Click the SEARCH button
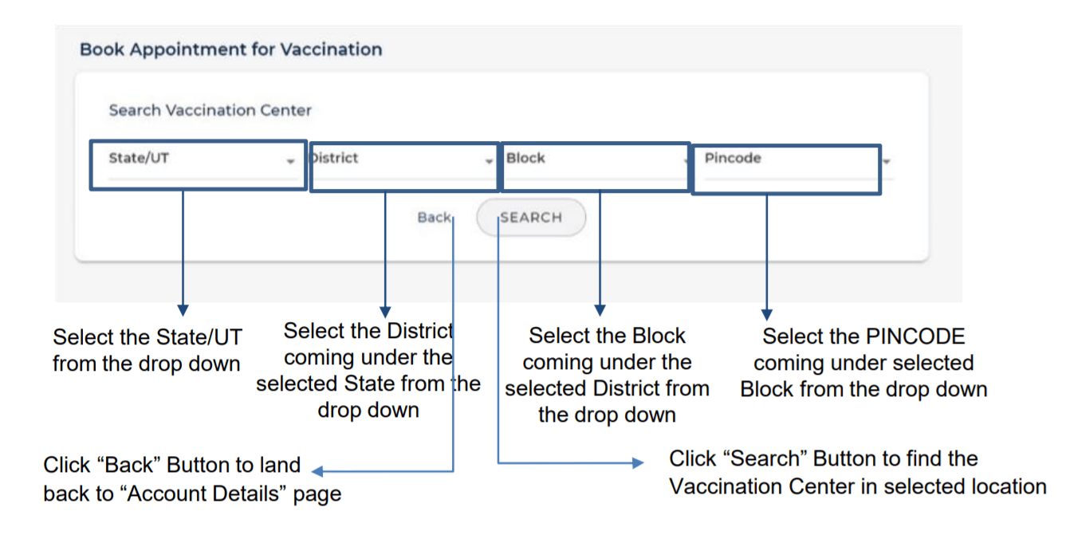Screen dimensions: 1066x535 click(531, 218)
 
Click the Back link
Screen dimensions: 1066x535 click(434, 218)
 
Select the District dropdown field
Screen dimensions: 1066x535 click(404, 167)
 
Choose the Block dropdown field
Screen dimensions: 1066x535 click(596, 167)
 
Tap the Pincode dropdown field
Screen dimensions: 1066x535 click(786, 170)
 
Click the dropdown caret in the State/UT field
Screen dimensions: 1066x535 click(290, 161)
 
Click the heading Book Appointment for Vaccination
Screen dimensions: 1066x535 click(230, 49)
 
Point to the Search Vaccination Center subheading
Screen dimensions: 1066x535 click(210, 110)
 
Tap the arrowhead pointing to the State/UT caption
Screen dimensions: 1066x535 click(183, 310)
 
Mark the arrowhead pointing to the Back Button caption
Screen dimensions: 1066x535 click(317, 471)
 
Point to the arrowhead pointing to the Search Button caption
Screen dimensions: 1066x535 click(638, 462)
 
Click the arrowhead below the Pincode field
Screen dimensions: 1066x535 click(767, 315)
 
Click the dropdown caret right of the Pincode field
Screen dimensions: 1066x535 click(886, 161)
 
